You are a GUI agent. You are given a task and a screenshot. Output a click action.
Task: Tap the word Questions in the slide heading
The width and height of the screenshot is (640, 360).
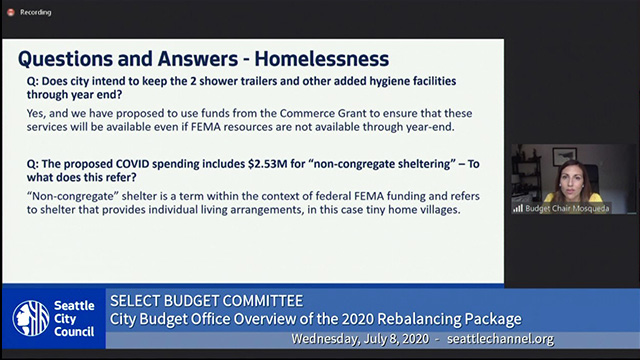[x=67, y=58]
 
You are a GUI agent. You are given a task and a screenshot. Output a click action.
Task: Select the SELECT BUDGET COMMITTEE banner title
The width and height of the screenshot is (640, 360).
[x=205, y=301]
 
